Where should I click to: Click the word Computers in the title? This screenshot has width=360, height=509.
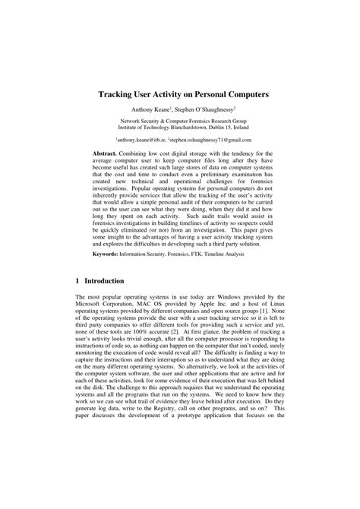click(235, 96)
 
